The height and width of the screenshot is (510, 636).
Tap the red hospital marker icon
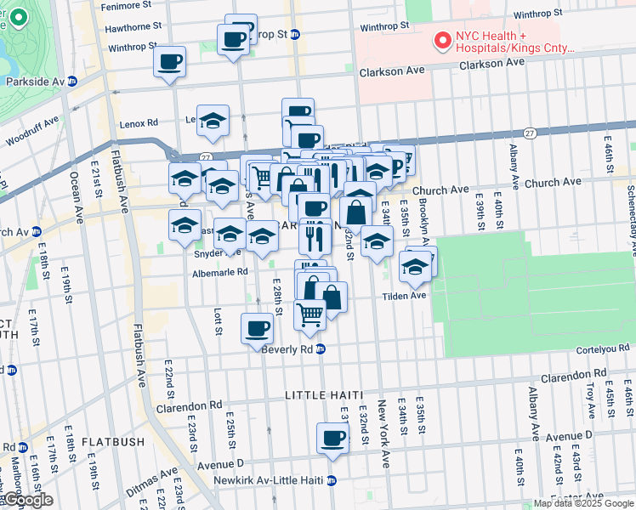[442, 40]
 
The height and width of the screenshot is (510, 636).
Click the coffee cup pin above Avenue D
[332, 439]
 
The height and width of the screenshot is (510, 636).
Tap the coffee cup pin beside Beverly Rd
[257, 328]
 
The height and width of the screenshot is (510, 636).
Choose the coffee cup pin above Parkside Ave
[170, 61]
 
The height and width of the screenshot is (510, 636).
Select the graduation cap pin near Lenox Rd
[213, 120]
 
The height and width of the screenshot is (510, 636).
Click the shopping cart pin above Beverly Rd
[310, 314]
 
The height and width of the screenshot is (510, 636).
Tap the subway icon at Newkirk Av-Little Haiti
[332, 480]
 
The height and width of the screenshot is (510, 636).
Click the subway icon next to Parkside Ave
[72, 82]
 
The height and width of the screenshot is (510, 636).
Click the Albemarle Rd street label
[219, 272]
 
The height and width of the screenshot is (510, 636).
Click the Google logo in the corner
[27, 500]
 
